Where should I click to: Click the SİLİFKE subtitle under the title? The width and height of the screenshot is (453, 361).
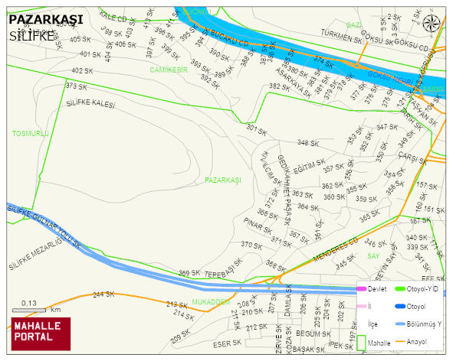(x=32, y=35)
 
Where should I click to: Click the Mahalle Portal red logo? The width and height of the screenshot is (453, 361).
(x=41, y=333)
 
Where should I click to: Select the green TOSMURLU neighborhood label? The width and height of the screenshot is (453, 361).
(x=31, y=133)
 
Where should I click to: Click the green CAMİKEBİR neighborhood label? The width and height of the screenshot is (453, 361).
(x=169, y=70)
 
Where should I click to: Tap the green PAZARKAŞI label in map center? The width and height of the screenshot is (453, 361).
(x=223, y=180)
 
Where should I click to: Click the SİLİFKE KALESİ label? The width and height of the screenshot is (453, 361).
(x=90, y=103)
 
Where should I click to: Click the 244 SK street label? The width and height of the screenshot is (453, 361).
(x=103, y=294)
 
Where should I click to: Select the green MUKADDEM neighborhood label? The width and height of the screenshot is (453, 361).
(x=211, y=302)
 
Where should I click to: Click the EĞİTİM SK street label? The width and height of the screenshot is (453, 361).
(x=306, y=164)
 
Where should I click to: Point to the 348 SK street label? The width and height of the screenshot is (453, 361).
(x=308, y=143)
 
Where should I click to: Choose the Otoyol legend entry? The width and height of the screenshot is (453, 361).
(x=415, y=307)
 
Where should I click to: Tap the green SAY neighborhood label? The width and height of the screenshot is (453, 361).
(x=373, y=255)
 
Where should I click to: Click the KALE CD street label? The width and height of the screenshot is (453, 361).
(x=113, y=17)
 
